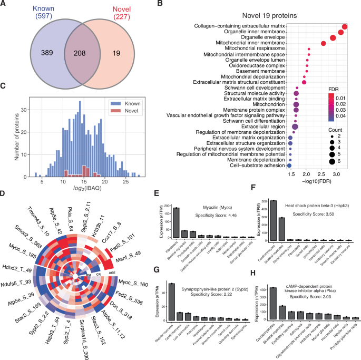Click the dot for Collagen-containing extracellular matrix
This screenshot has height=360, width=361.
[345, 27]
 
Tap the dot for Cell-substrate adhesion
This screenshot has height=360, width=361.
[289, 165]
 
